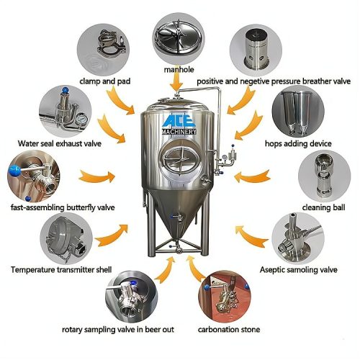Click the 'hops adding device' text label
(x=302, y=143)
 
